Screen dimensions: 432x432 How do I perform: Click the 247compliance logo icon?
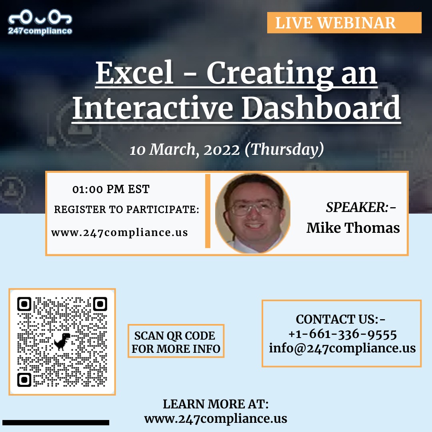tap(40, 18)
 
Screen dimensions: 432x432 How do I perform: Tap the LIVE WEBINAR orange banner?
tap(344, 22)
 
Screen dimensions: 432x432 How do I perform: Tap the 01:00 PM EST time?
tap(111, 189)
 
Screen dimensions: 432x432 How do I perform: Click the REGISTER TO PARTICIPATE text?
tap(126, 210)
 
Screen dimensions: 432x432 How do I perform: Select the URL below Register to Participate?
tap(120, 232)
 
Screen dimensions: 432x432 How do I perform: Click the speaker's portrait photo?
tap(253, 213)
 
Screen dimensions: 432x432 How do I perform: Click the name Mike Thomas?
tap(353, 228)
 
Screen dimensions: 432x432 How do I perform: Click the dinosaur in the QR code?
tap(62, 342)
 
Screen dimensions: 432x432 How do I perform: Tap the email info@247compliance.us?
tap(342, 348)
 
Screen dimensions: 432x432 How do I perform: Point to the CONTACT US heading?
tap(341, 320)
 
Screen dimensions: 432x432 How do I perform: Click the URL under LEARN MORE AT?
tap(216, 418)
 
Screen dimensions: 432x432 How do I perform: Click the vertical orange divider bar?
tap(208, 211)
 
